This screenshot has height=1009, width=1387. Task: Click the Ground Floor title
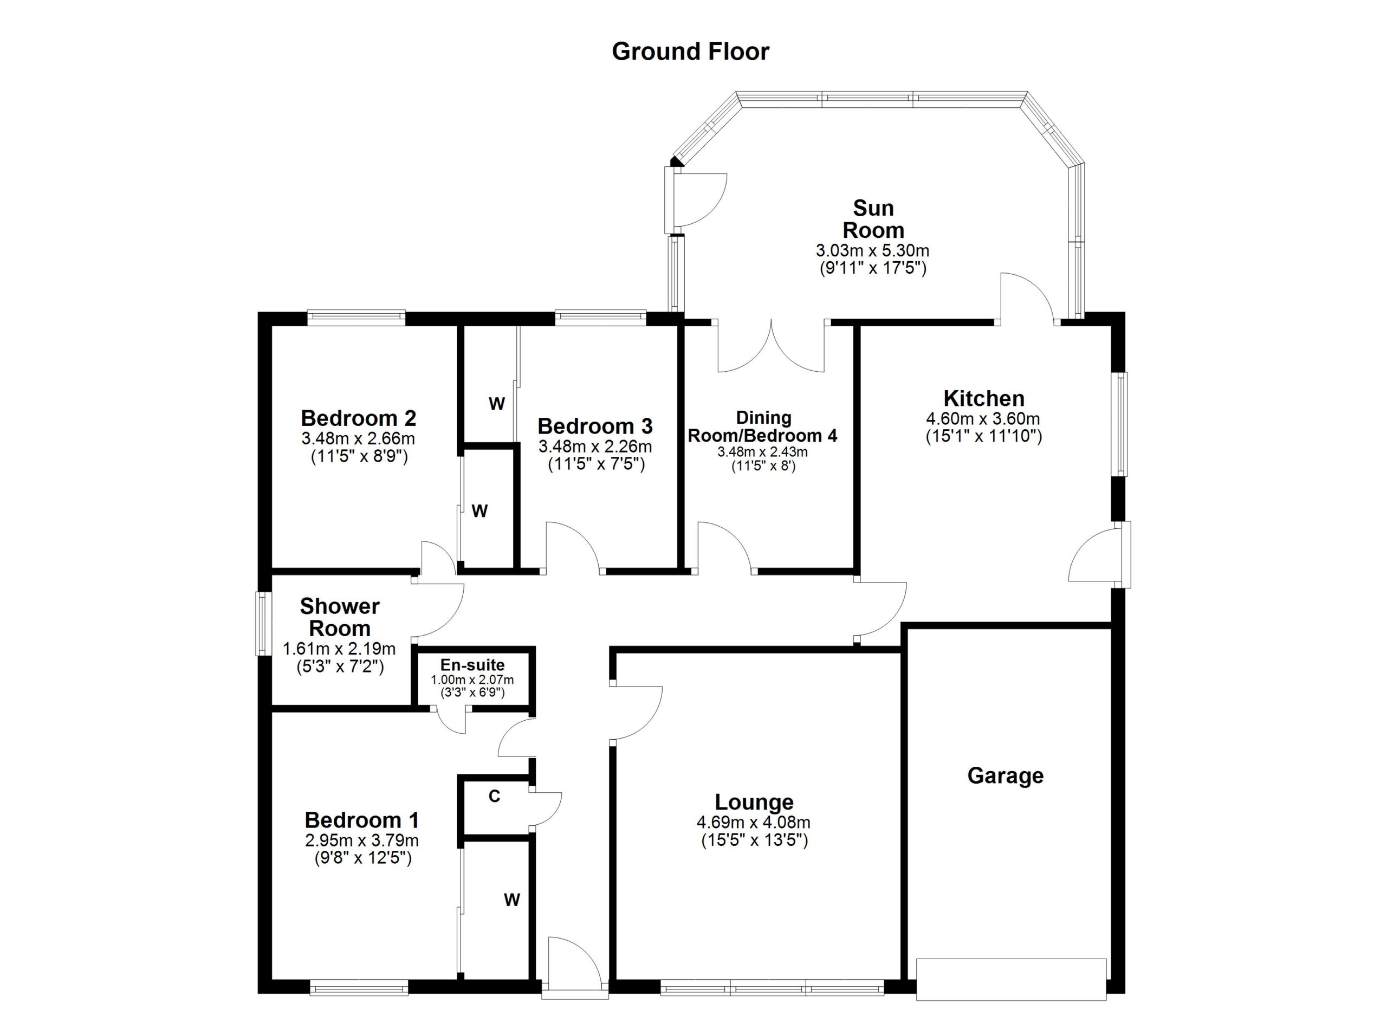(690, 52)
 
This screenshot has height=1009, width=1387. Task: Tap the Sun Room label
(873, 219)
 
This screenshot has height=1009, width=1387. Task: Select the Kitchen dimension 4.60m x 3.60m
(983, 419)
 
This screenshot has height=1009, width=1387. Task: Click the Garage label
(1006, 776)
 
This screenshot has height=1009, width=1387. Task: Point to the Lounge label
(754, 801)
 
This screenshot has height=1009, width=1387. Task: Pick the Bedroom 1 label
(362, 819)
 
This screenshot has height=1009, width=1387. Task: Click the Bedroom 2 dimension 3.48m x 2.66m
(358, 438)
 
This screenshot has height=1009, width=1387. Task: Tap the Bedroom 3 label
(595, 425)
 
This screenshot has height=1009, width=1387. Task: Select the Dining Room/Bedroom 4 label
(763, 427)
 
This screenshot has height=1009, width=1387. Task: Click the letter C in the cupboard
(494, 796)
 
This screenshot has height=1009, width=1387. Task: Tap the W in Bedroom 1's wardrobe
(512, 900)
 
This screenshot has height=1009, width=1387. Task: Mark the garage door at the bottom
(1011, 979)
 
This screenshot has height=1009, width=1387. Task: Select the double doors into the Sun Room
(771, 346)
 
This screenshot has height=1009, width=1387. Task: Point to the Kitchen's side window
(1120, 424)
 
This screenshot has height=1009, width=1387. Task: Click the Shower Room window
(263, 623)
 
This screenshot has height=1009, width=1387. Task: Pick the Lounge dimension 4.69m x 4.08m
(754, 823)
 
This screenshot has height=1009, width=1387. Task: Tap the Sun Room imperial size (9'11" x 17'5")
(873, 268)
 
